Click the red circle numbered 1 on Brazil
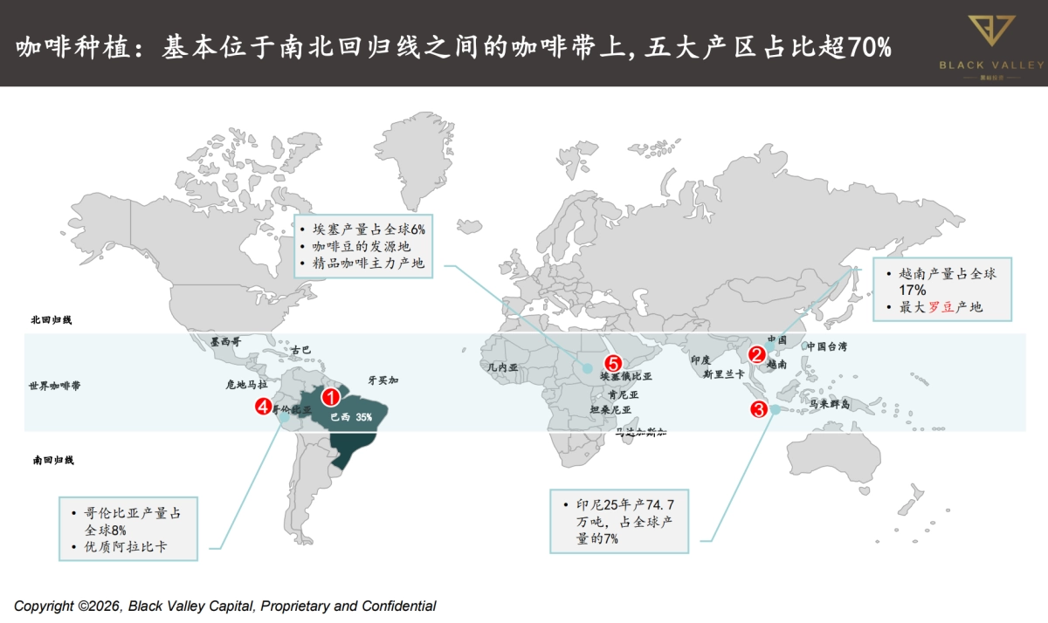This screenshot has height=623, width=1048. (x=331, y=397)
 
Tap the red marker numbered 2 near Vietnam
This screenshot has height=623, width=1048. (x=757, y=354)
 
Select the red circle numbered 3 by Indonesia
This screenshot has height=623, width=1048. (x=758, y=408)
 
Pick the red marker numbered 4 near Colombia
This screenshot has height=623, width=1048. (x=261, y=406)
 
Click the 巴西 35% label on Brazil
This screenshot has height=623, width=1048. (x=351, y=417)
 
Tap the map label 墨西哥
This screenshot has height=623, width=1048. (x=225, y=342)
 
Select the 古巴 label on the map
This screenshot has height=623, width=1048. (x=300, y=350)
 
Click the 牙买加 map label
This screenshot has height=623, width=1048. (x=383, y=380)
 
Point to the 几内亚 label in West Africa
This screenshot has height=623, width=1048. (x=502, y=368)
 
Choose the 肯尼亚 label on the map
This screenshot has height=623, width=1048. (x=624, y=394)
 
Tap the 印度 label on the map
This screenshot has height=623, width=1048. (x=701, y=359)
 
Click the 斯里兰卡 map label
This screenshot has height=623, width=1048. (x=723, y=373)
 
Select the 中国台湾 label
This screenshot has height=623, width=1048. (x=826, y=346)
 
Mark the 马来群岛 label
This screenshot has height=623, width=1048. (x=830, y=404)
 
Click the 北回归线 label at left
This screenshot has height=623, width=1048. (x=51, y=320)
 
